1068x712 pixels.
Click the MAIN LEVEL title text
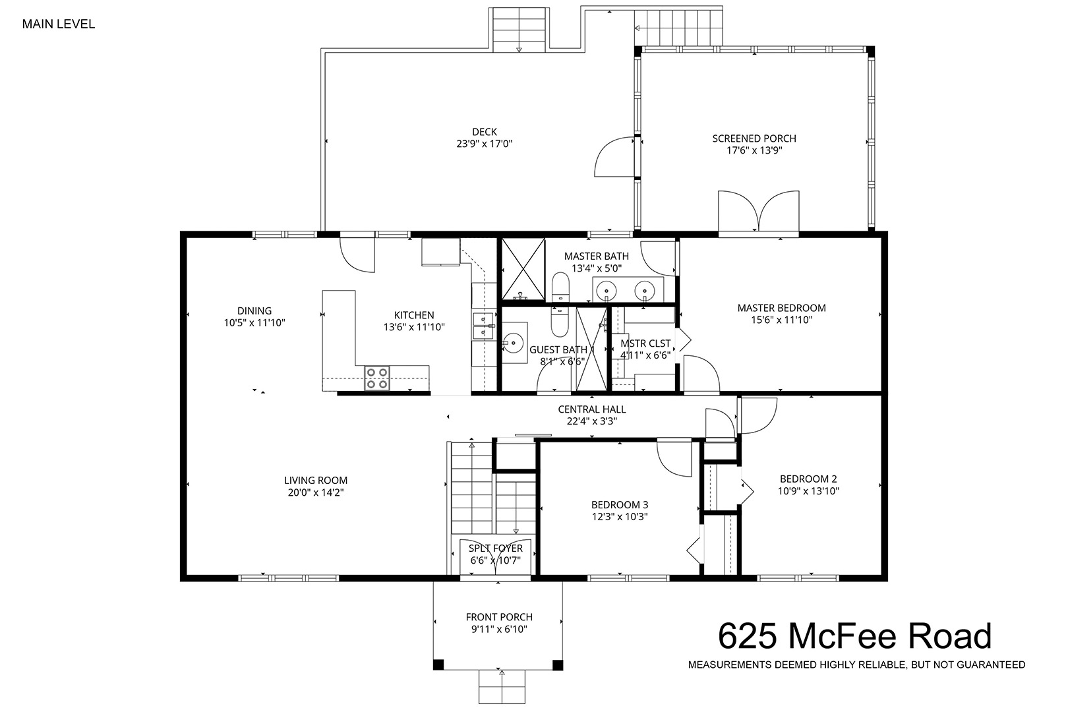[x=59, y=24]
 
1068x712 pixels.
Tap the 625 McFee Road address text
[x=855, y=636]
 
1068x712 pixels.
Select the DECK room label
[x=485, y=132]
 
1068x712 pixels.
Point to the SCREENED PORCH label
[x=754, y=138]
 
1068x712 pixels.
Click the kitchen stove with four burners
[x=376, y=378]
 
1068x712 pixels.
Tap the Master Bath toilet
[x=560, y=287]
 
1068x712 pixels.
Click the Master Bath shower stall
[x=523, y=269]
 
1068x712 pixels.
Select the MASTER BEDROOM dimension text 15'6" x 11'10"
[x=781, y=320]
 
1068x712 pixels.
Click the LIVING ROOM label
[x=316, y=480]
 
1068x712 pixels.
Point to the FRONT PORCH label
[x=499, y=617]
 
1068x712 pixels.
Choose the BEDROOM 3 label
[x=620, y=504]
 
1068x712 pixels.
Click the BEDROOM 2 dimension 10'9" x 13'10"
[x=809, y=490]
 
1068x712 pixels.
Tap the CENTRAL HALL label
[x=592, y=409]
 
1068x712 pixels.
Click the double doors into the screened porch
[x=759, y=214]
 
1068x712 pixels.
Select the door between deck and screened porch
[x=616, y=157]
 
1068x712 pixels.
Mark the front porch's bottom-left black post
[x=438, y=665]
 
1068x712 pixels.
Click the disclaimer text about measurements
[x=857, y=665]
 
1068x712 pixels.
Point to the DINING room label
[x=254, y=311]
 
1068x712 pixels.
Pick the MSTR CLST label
[x=645, y=343]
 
